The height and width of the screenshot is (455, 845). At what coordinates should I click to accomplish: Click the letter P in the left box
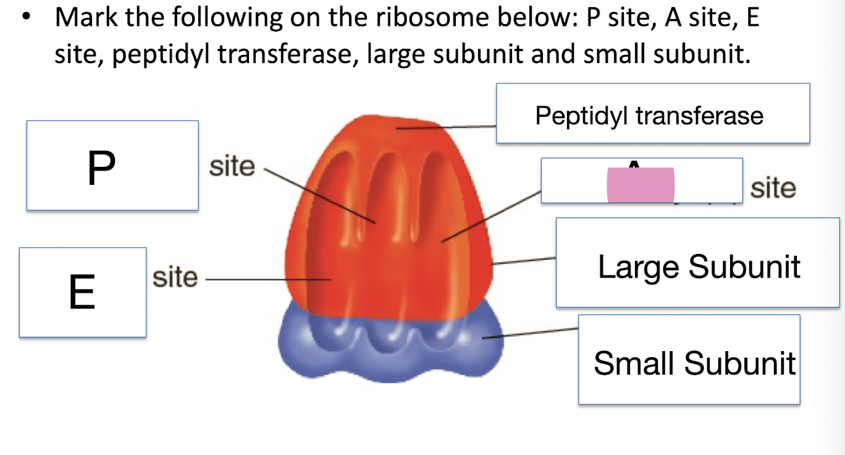point(101,168)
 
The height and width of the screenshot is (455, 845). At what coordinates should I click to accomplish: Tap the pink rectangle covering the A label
point(641,185)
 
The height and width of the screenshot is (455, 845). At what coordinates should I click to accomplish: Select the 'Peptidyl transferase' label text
point(649,115)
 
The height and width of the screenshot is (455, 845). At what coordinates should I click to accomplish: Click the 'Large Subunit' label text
point(699,266)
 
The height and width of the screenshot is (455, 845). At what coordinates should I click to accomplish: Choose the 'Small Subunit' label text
point(694,362)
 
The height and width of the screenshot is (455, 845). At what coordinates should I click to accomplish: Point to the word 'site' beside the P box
point(232,166)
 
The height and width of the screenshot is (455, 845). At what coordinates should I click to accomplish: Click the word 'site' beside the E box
point(175,278)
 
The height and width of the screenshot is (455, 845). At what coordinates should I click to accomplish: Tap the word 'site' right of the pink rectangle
point(773,188)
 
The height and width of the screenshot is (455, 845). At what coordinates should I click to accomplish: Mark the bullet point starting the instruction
point(25,19)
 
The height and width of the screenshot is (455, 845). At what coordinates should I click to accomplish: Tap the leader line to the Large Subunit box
point(524,261)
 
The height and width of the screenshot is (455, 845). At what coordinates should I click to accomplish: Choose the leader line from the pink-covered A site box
point(492,216)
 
